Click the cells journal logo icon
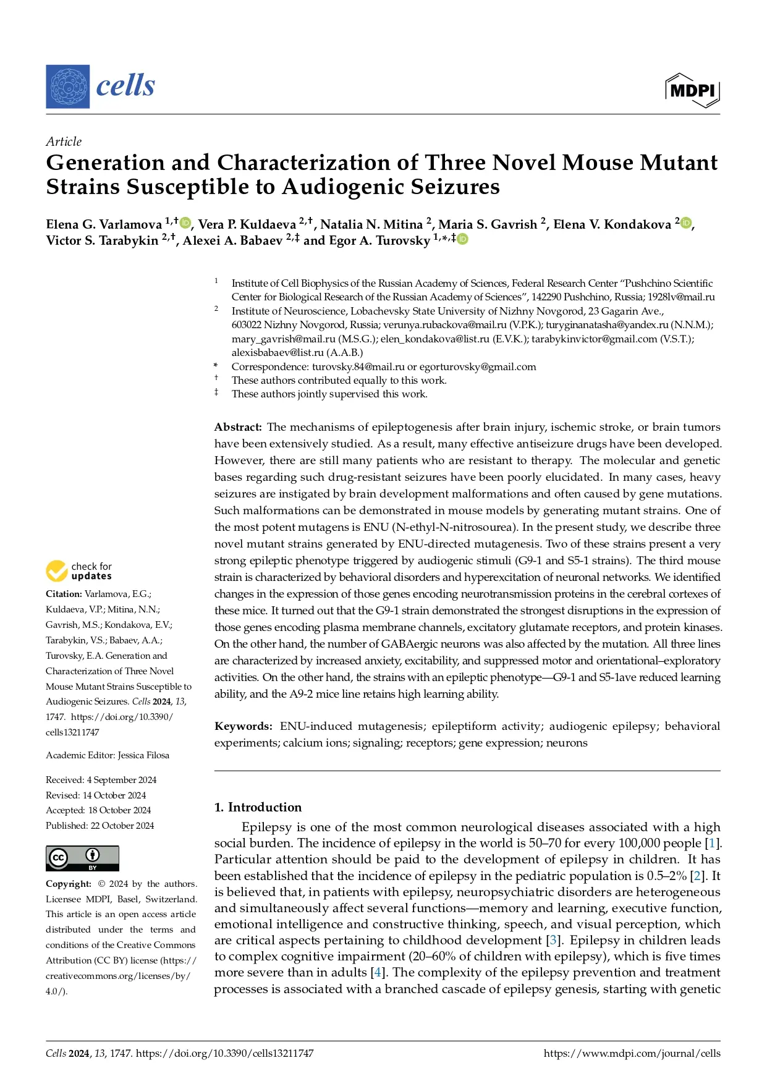[x=68, y=87]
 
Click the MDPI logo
[x=692, y=90]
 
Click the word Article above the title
[x=64, y=142]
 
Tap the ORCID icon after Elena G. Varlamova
[x=185, y=223]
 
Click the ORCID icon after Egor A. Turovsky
[x=462, y=239]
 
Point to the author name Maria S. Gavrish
[x=488, y=224]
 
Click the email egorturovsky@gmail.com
[x=478, y=366]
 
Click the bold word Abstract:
[x=238, y=427]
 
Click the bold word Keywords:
[x=243, y=726]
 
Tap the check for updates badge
[x=78, y=571]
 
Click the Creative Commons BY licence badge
[x=82, y=858]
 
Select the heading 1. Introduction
[x=258, y=807]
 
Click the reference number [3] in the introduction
[x=553, y=940]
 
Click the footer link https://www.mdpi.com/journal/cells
[x=632, y=1053]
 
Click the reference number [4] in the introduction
[x=376, y=972]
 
